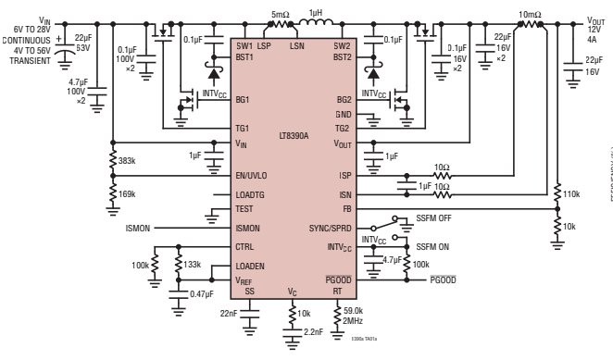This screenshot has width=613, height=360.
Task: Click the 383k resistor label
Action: coord(129,160)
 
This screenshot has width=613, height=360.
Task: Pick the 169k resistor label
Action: coord(129,193)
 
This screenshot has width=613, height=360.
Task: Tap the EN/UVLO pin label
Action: coord(252,175)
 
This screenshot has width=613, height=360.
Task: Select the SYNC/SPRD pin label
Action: coord(332,228)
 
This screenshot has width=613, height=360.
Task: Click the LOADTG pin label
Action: coord(251,195)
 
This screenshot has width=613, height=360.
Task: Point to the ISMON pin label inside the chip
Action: coord(247,228)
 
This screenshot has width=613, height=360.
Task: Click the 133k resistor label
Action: coord(193,265)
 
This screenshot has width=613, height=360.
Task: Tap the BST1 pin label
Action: coord(245,56)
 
